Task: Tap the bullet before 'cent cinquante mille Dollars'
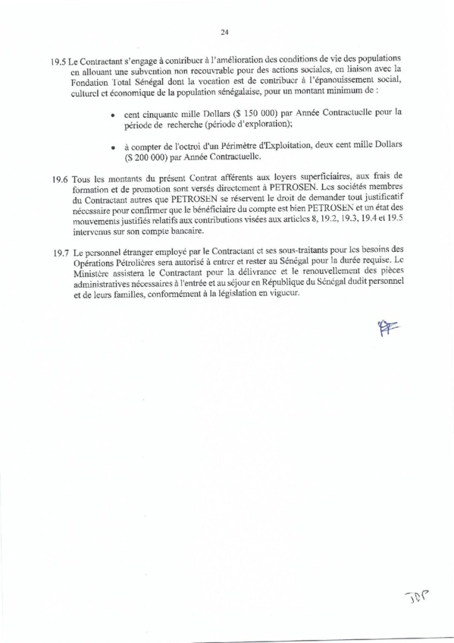[x=112, y=113]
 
